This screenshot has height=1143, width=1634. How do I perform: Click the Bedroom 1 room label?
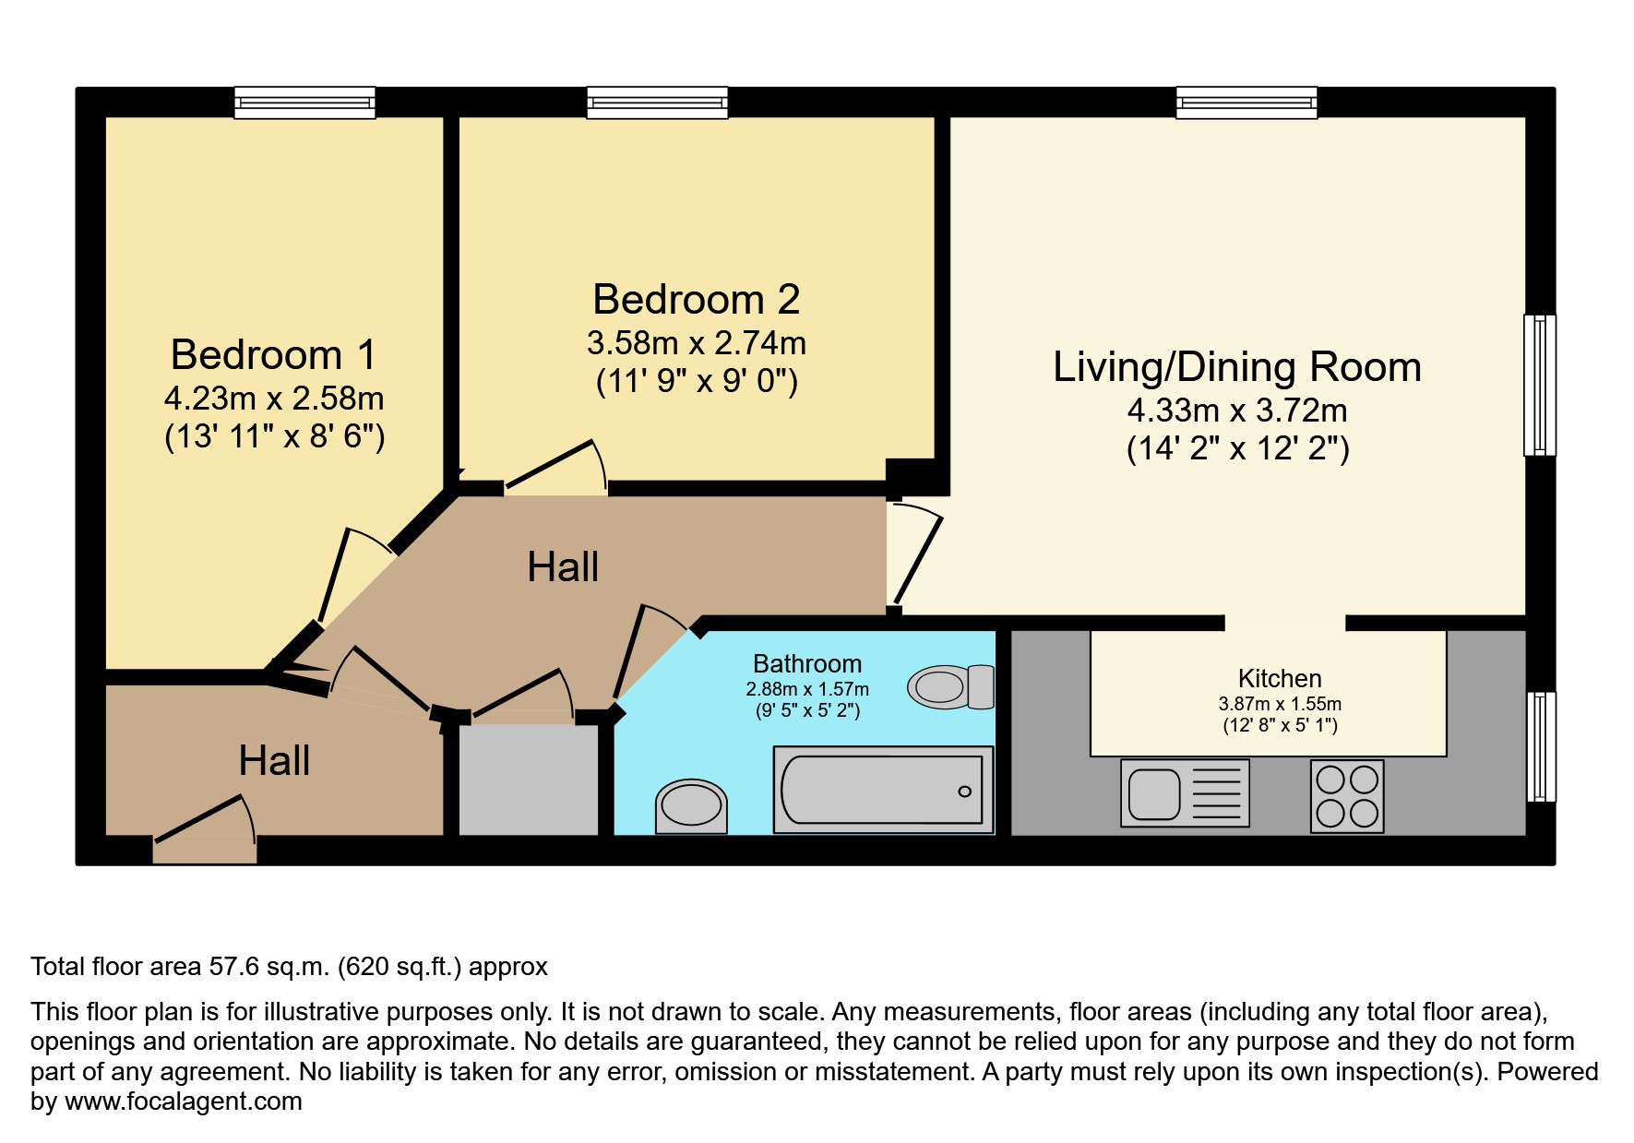[274, 355]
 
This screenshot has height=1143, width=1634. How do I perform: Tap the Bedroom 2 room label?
[696, 300]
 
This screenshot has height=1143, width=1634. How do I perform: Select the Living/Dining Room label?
[1237, 367]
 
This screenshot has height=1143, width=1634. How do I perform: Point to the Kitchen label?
[1280, 679]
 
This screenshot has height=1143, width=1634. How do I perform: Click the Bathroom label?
[807, 664]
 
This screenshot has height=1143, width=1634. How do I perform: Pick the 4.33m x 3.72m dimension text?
[1237, 411]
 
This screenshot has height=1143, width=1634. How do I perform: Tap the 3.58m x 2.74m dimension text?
[697, 343]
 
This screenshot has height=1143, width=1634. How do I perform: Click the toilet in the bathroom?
[951, 686]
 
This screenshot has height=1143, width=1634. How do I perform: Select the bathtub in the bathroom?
[883, 791]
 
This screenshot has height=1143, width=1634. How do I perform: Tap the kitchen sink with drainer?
[1185, 793]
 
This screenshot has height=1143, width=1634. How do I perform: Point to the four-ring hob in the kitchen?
[1347, 796]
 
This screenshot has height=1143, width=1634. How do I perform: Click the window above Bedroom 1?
[304, 102]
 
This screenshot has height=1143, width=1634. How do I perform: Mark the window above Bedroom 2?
[657, 102]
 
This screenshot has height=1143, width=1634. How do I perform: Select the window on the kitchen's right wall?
[1540, 746]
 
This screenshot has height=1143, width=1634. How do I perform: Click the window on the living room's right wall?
[1540, 385]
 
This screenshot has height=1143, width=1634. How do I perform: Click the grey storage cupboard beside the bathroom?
[530, 780]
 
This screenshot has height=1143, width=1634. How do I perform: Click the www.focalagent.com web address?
[183, 1101]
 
